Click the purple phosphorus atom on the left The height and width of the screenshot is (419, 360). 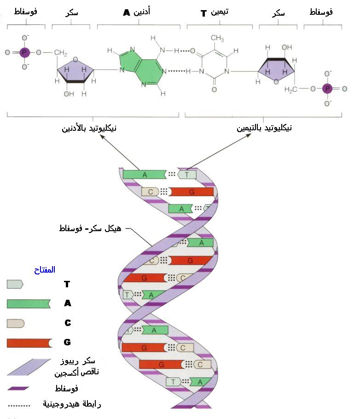point(24,52)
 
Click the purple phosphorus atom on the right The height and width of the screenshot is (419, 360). point(327,88)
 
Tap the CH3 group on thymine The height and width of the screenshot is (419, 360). point(217,38)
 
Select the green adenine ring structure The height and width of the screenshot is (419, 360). point(141,67)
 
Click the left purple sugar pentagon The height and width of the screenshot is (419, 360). point(75,71)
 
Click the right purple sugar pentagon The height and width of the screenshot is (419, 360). point(276,69)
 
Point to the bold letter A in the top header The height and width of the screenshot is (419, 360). point(127,12)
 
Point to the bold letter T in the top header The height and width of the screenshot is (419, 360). point(203,13)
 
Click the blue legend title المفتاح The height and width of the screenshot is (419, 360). point(45,270)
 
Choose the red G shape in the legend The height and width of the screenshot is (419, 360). point(29,343)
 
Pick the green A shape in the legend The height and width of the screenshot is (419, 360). point(29,303)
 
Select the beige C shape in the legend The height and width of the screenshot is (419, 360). point(16,323)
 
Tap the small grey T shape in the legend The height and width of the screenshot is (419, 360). point(15,284)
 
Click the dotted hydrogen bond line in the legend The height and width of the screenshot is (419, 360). point(19,406)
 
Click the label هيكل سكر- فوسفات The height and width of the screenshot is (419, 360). point(90,229)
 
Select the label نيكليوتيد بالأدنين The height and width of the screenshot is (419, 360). point(89,128)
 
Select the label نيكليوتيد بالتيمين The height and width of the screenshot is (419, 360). point(264,128)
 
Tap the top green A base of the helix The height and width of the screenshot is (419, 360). point(145,175)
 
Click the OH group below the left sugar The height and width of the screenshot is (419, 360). point(69,94)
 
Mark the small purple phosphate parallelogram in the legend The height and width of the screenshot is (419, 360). point(18,388)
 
